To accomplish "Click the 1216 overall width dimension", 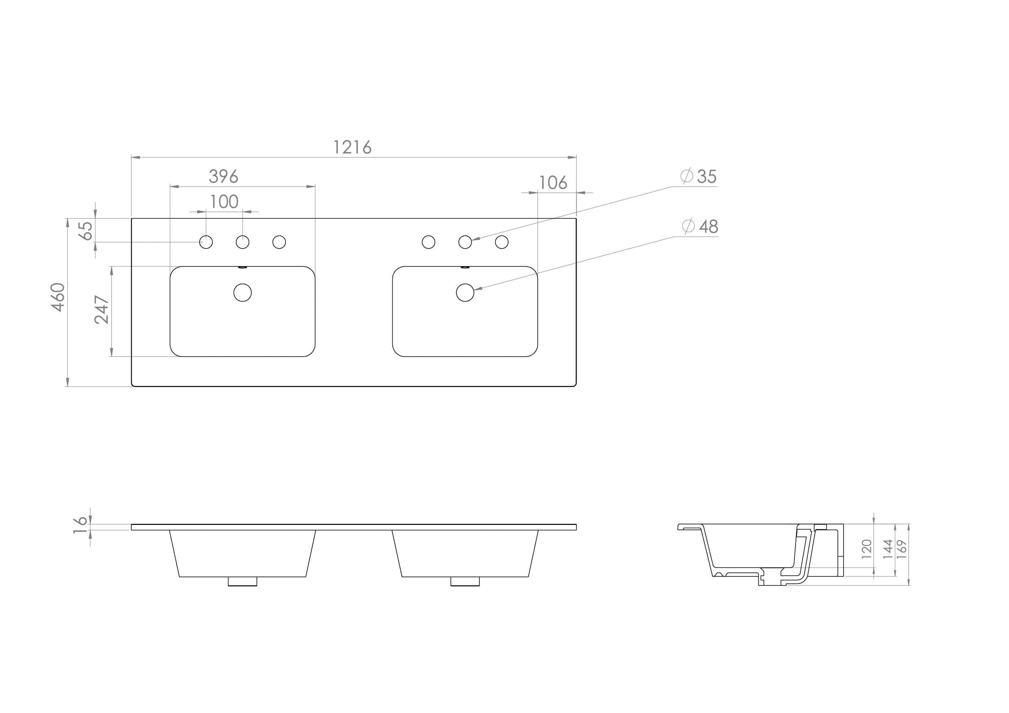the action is point(352,147).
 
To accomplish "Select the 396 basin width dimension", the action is point(224,177).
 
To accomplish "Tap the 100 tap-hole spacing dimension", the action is point(224,202).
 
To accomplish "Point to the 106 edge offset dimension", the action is point(553,183).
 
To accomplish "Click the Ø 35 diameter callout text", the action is point(699,176).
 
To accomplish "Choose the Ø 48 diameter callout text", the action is point(700,226).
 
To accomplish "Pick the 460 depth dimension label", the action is point(58,297).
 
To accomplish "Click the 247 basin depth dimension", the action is point(102,310).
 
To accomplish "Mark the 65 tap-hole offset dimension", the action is point(86,231).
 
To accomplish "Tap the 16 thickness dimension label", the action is point(80,525).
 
